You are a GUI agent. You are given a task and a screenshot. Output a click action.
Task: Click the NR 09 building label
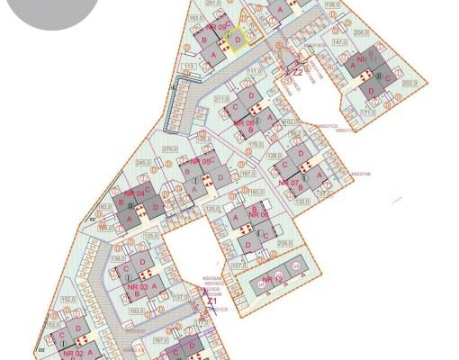(216, 27)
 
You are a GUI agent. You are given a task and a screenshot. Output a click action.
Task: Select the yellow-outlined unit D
(238, 40)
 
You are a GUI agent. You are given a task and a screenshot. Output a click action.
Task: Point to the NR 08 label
(244, 123)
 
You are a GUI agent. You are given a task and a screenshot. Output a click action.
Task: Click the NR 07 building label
(288, 183)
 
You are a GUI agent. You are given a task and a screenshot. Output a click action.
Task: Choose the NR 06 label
(259, 215)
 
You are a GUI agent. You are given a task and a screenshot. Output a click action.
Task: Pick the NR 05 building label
(200, 162)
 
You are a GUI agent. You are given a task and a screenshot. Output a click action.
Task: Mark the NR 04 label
(135, 193)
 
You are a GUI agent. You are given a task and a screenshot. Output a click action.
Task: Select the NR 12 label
(274, 281)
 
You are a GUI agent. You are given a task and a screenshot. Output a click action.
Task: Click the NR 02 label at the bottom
(73, 354)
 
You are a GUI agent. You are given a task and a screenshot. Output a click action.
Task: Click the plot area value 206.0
(361, 32)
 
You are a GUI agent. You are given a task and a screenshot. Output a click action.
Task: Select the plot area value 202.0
(410, 83)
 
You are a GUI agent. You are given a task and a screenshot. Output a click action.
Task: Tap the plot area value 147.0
(339, 42)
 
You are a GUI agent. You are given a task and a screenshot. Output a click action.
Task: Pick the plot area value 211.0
(221, 98)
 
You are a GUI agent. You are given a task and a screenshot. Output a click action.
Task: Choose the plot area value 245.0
(142, 163)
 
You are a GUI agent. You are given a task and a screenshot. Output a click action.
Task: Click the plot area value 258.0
(285, 243)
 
